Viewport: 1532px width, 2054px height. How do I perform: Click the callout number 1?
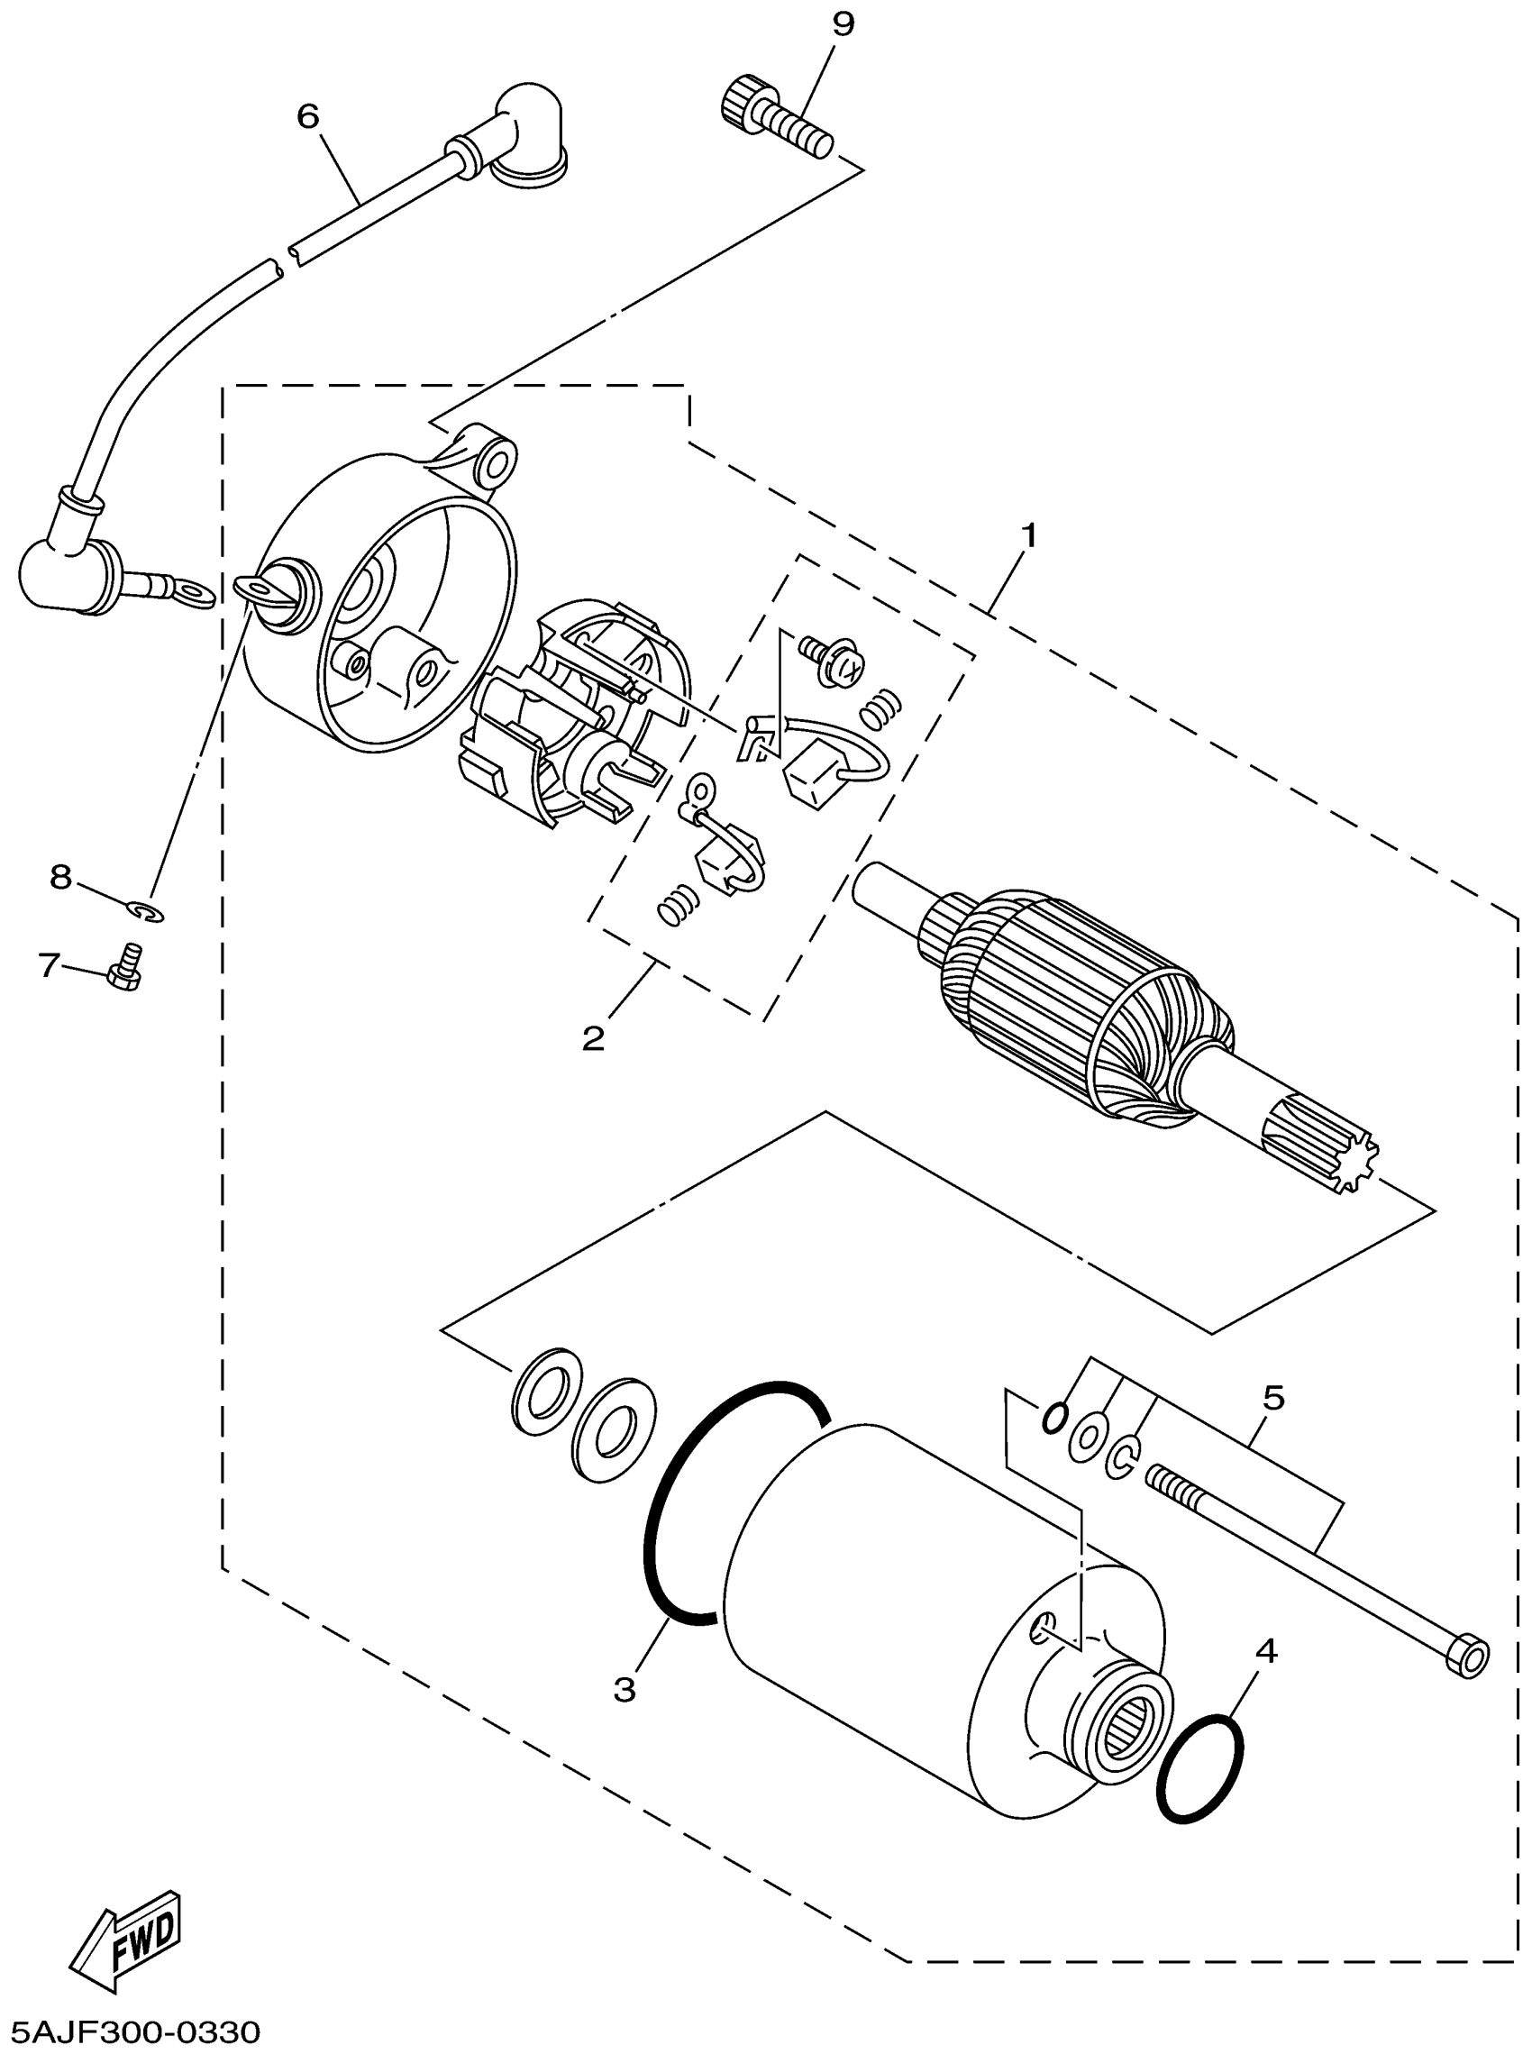click(1027, 536)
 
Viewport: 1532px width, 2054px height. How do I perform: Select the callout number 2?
click(593, 1037)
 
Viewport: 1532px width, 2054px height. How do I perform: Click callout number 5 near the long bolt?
click(1273, 1398)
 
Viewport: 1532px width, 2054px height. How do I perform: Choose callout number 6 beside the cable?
click(308, 116)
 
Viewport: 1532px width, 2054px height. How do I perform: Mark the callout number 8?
click(60, 876)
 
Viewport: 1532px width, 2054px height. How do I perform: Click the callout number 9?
click(842, 25)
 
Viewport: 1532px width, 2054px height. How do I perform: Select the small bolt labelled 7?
click(126, 968)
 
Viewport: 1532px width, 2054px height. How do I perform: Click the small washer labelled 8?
click(147, 912)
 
